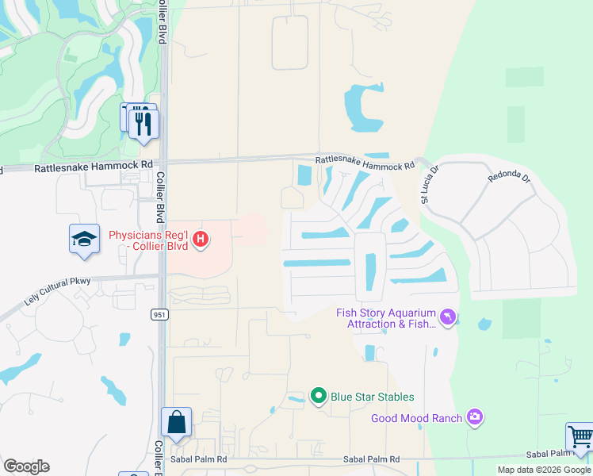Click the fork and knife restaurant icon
(x=143, y=124)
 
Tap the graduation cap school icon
(x=83, y=239)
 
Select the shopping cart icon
(x=580, y=437)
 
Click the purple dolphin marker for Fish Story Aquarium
(x=448, y=317)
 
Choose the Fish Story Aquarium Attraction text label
(x=385, y=317)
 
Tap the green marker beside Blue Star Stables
(x=319, y=394)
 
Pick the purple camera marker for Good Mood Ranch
(x=474, y=417)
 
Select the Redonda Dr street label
(x=507, y=176)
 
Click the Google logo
(x=26, y=466)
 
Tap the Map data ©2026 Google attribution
(x=545, y=470)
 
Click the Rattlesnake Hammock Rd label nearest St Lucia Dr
(x=365, y=163)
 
